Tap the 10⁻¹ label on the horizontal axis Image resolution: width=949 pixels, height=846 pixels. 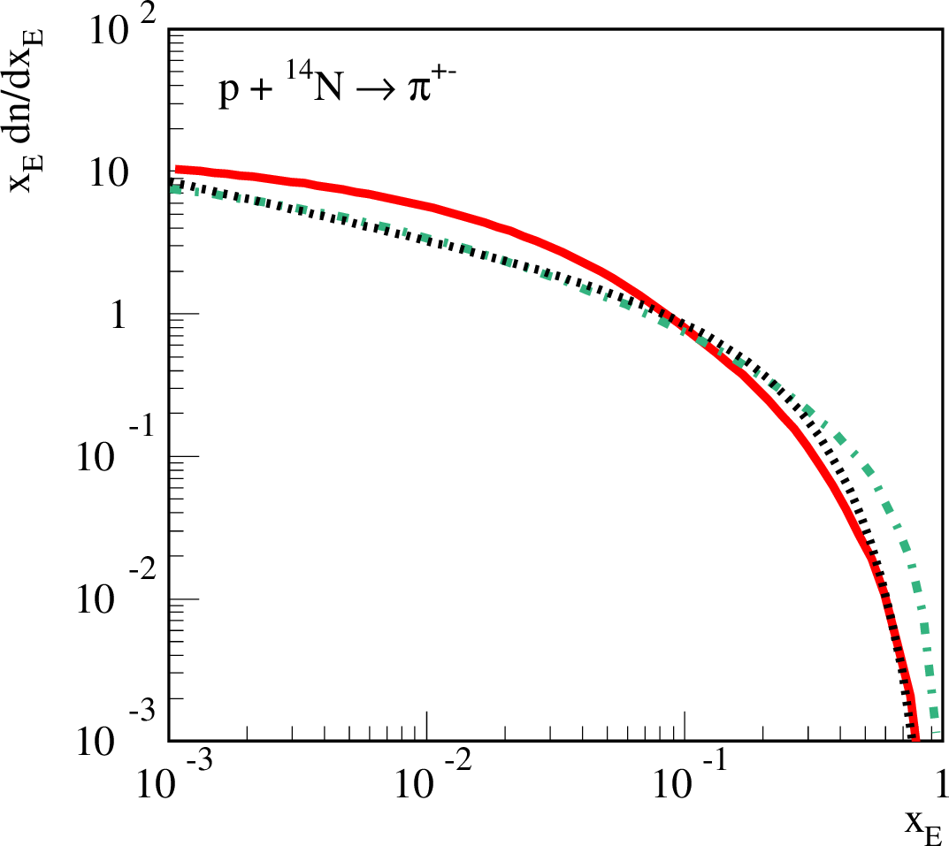(686, 778)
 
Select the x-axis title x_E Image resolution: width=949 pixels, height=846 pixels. (922, 826)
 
